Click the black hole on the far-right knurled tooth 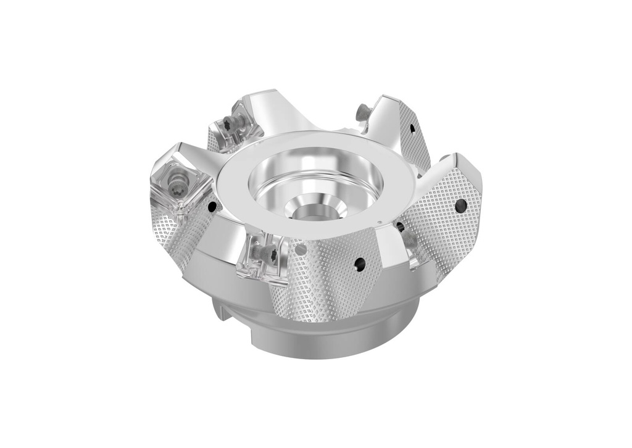pos(460,206)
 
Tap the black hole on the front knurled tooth pos(359,265)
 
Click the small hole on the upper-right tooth pos(412,128)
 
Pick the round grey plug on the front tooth pos(301,249)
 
